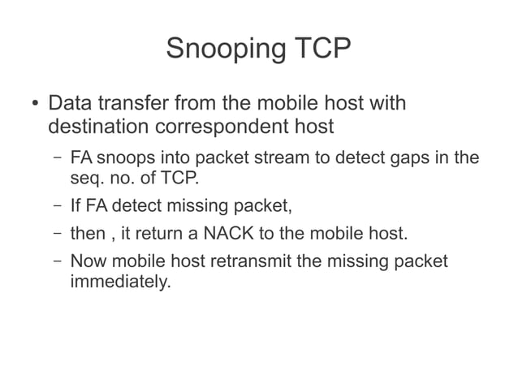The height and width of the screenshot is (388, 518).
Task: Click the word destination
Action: point(101,127)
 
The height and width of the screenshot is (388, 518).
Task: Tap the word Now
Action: point(88,263)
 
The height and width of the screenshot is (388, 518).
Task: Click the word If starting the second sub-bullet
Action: point(76,205)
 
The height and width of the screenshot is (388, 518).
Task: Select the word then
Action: point(88,235)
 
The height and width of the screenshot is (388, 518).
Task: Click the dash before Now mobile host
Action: point(53,263)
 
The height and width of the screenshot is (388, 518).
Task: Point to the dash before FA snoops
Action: point(53,157)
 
